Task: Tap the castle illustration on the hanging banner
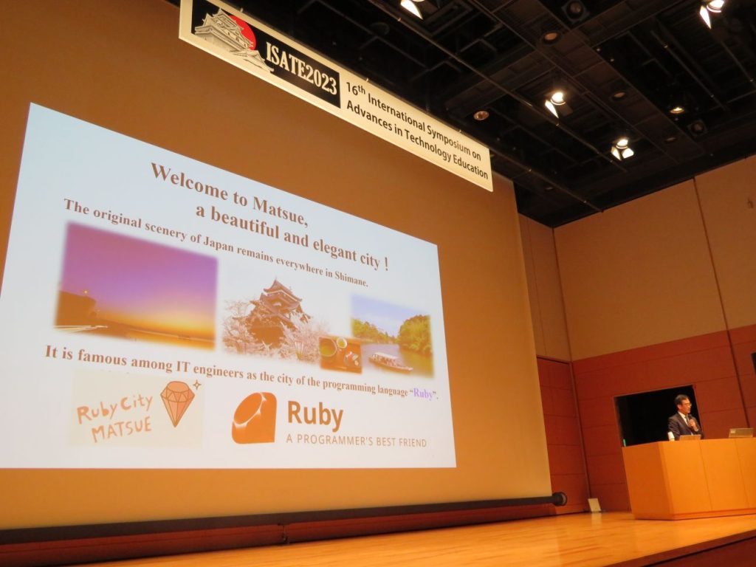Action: [230, 37]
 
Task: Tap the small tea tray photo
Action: [340, 354]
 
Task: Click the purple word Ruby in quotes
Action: [423, 394]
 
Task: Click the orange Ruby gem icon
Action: [254, 418]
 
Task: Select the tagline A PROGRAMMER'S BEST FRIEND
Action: [357, 440]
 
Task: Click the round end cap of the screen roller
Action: [559, 498]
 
